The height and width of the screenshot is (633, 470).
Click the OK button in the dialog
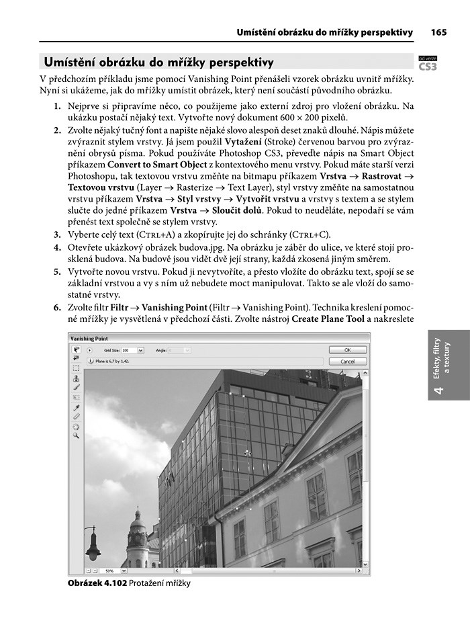(346, 350)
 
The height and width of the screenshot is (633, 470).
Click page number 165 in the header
(439, 32)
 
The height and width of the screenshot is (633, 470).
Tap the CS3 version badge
(428, 66)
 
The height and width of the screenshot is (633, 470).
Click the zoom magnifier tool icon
(76, 435)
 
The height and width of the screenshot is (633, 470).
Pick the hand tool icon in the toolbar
(76, 426)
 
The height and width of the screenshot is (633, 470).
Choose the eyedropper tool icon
(76, 407)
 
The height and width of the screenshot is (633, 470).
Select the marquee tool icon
(76, 368)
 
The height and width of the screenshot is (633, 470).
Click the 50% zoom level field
(110, 571)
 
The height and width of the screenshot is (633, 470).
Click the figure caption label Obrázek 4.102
(97, 583)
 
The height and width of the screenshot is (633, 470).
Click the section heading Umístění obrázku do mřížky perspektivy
(158, 63)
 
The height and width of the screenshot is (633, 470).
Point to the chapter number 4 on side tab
(438, 390)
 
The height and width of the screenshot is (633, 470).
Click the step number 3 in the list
(57, 235)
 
